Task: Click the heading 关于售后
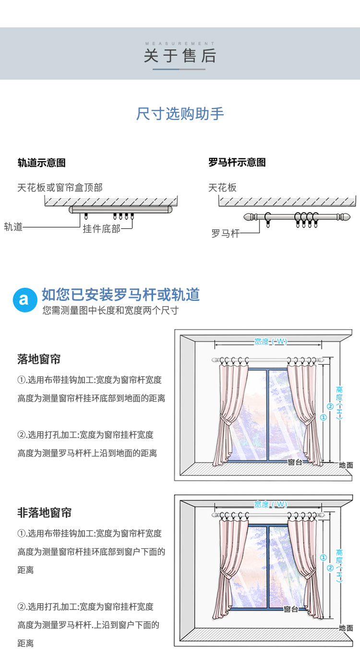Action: pos(180,56)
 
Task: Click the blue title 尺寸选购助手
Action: pos(180,114)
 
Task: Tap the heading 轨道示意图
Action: pos(41,163)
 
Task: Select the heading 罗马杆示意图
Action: pos(237,163)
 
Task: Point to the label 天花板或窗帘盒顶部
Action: pos(60,188)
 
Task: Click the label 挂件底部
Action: pos(101,229)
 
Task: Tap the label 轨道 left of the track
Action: pos(13,227)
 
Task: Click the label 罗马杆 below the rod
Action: pos(225,234)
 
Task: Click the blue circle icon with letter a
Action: pos(24,300)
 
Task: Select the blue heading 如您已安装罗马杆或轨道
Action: pos(120,295)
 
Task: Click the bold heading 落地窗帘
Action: pos(39,359)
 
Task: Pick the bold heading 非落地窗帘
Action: pos(44,512)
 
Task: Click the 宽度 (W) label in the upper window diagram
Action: pos(270,342)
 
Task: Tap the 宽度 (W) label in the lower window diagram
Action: pos(270,504)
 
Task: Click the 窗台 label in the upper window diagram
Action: pos(295,462)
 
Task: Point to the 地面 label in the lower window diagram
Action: pos(346,628)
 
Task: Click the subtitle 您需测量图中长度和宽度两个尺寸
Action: pos(110,310)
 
